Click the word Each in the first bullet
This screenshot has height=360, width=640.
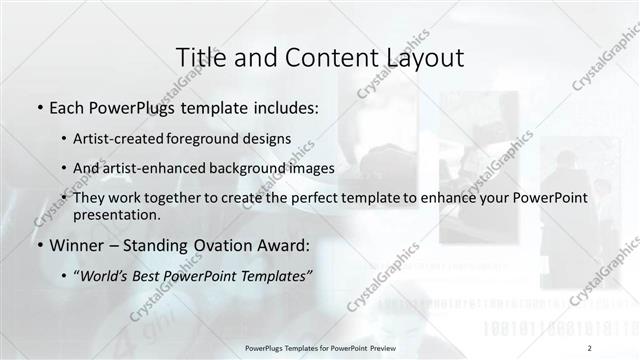tap(67, 106)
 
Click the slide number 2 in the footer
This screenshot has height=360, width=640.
tap(590, 348)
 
